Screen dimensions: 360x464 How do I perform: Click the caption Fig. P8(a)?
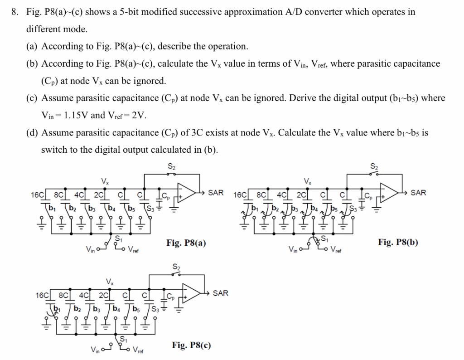(186, 243)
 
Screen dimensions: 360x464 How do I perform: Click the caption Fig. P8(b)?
(398, 242)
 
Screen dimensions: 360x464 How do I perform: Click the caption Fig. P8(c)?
(191, 345)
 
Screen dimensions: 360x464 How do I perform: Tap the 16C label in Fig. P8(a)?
(37, 195)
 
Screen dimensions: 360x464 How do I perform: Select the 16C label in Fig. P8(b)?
(240, 195)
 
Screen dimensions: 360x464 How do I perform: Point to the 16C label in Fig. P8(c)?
(42, 296)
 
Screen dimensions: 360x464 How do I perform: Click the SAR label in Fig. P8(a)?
(216, 193)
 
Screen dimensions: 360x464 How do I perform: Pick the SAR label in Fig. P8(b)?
(418, 193)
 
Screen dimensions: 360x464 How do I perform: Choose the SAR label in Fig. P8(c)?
(220, 293)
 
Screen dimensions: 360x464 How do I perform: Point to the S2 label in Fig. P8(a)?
(171, 166)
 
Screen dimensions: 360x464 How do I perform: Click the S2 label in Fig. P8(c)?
(176, 267)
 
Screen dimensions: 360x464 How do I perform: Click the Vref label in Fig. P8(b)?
(336, 249)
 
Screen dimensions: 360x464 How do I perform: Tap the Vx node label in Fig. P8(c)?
(109, 282)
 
